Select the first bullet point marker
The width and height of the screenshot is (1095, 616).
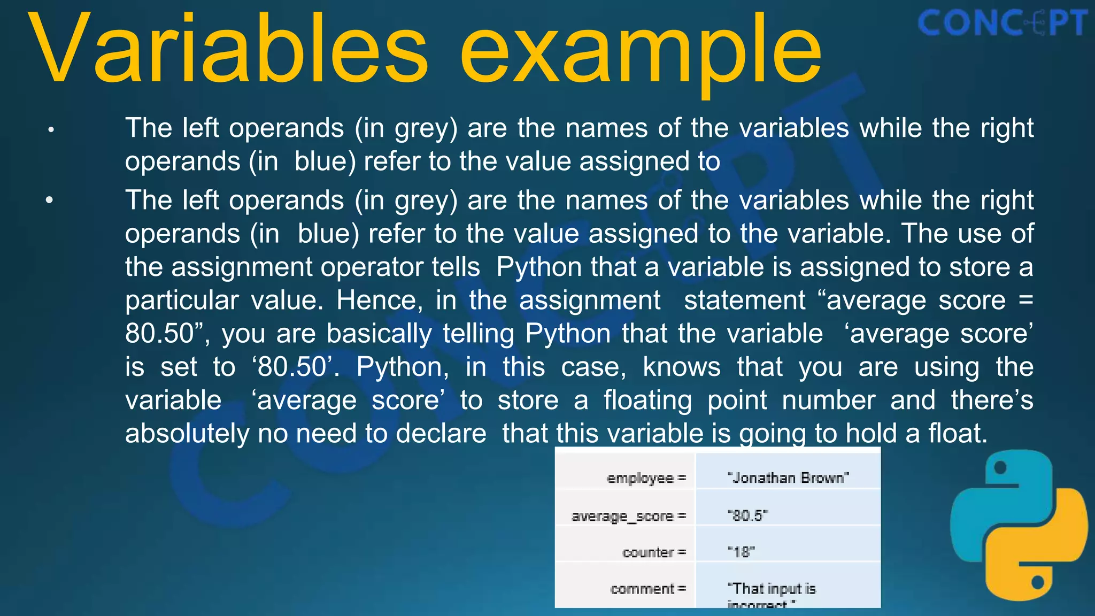(51, 129)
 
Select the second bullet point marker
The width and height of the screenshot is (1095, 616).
(50, 201)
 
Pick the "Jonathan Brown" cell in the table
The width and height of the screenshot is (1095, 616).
(788, 478)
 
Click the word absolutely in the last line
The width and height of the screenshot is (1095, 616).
(187, 433)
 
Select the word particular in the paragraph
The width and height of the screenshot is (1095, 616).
(182, 301)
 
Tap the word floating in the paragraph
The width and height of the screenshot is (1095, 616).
(647, 400)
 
